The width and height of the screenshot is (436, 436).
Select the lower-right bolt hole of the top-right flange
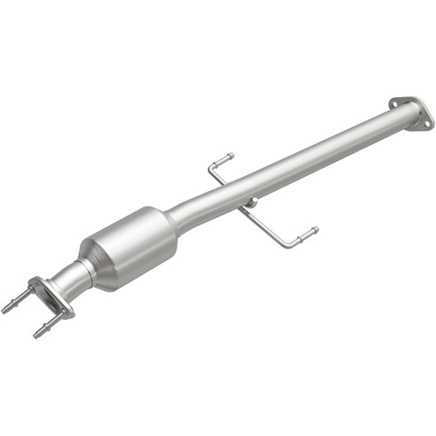pyautogui.click(x=426, y=123)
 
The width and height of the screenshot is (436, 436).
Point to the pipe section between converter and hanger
pyautogui.click(x=209, y=206)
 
